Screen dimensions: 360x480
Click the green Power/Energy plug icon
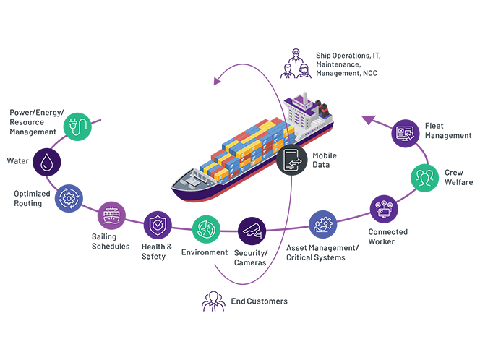(x=78, y=126)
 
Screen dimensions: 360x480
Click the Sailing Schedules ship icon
(x=111, y=216)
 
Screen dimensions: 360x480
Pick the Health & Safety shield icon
(x=157, y=226)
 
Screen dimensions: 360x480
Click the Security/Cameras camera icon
(x=252, y=231)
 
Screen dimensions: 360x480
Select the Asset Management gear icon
(x=322, y=224)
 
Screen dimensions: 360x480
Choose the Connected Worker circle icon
(x=383, y=209)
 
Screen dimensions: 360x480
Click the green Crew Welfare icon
(x=424, y=177)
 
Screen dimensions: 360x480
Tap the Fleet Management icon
(x=406, y=133)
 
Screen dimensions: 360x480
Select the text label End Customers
(x=259, y=301)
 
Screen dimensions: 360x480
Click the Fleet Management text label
(x=447, y=131)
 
